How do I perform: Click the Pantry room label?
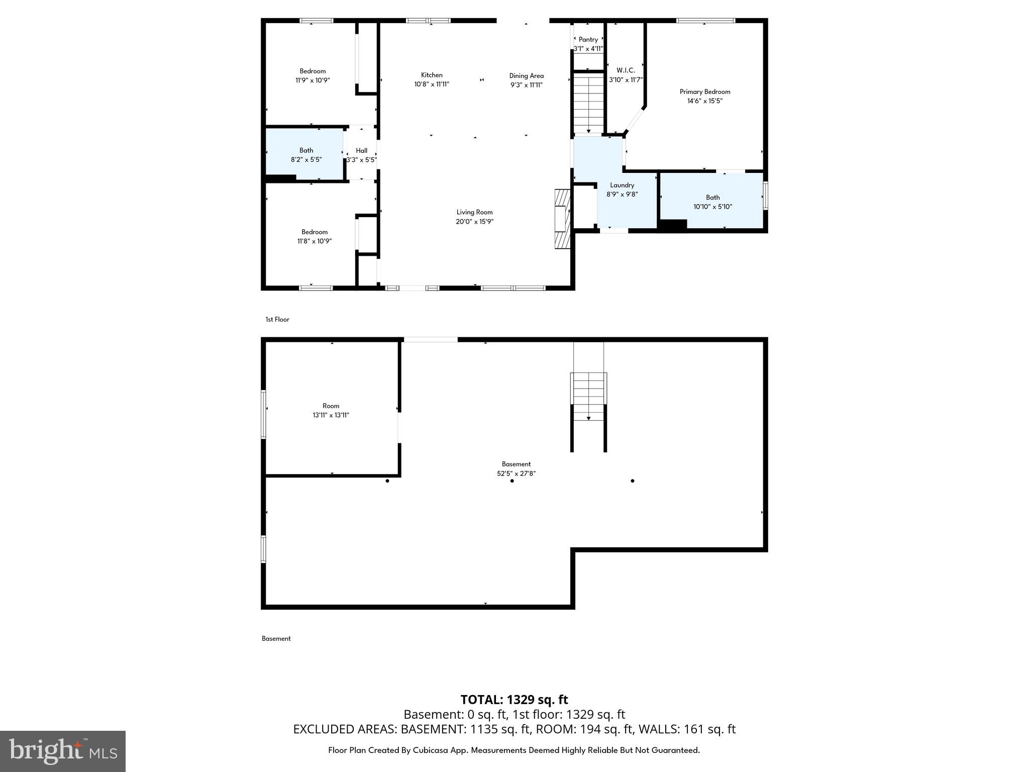point(588,40)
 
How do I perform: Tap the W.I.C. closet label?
point(626,70)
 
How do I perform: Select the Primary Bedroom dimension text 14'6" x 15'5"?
point(705,101)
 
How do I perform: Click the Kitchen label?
point(432,75)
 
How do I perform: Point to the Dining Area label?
point(526,76)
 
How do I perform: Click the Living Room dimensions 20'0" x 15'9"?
point(474,222)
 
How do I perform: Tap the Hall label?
point(361,150)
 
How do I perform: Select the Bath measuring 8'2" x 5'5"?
point(306,155)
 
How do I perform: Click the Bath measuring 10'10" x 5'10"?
point(712,202)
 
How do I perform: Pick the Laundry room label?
point(622,185)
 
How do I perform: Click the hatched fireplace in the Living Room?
point(562,219)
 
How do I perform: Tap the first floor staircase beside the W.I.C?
point(588,103)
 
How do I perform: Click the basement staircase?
point(588,397)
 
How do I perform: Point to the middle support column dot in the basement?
point(512,481)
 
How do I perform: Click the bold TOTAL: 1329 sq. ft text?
point(514,700)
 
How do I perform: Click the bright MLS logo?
point(63,751)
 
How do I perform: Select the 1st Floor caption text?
point(277,320)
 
